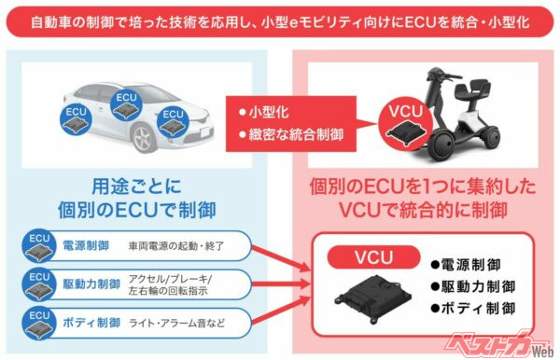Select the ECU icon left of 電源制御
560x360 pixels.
point(39,245)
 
